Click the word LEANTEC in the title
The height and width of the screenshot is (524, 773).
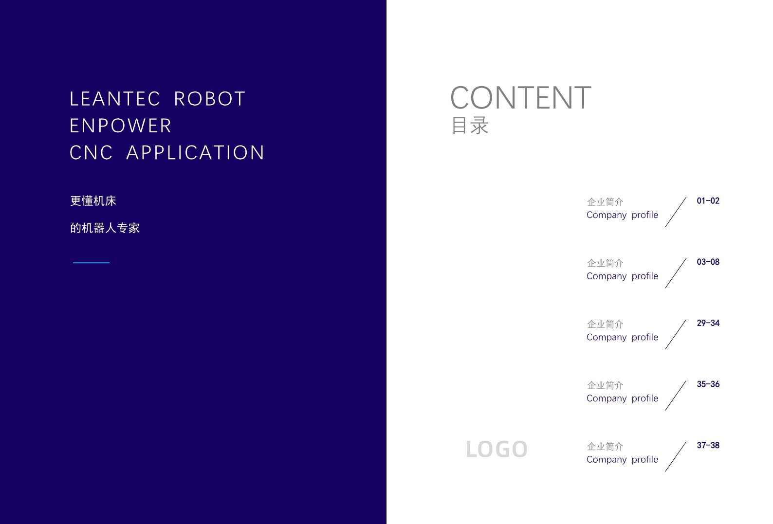114,99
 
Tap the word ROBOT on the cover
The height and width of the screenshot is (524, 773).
209,99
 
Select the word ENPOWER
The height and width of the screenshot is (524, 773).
120,126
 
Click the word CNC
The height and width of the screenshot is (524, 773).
91,152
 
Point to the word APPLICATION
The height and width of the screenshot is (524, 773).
195,152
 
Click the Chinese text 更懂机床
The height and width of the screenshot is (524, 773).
93,201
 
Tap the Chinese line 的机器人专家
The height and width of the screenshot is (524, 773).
105,228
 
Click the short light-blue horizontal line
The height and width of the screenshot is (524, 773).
91,263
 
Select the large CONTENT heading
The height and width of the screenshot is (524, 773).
521,98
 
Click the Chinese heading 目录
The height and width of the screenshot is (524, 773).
470,125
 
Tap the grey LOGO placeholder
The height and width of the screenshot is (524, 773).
497,449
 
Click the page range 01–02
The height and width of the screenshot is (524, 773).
708,201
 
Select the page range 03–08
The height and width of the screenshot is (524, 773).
708,262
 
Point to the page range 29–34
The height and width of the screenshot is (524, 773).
708,323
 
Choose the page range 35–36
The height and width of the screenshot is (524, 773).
708,384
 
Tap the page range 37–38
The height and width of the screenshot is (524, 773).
708,445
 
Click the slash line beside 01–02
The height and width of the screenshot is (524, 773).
676,212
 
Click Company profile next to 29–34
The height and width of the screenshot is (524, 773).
622,337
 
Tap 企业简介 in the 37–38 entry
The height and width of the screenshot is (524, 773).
605,446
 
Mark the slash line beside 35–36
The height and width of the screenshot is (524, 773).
676,396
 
